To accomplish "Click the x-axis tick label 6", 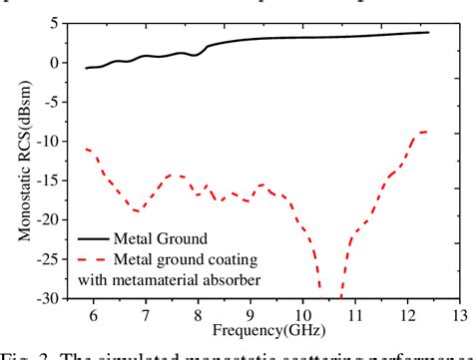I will point(93,315).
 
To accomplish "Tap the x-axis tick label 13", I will point(458,315).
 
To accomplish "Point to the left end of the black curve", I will point(86,68).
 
